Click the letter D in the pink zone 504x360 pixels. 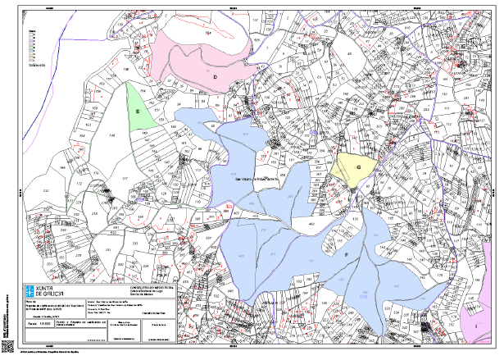click(x=215, y=76)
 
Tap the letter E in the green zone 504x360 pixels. click(x=138, y=110)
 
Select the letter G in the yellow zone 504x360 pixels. click(x=359, y=166)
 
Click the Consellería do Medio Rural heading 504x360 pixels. click(x=134, y=289)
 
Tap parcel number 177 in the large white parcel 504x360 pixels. click(x=125, y=177)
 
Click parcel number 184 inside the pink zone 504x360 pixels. click(x=208, y=33)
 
